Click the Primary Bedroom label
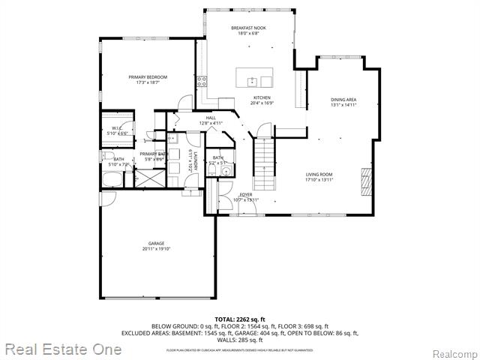click(147, 79)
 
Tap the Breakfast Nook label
click(248, 31)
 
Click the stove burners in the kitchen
click(201, 81)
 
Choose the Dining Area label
click(343, 102)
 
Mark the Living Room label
click(319, 177)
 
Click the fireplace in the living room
click(367, 181)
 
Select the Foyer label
click(245, 197)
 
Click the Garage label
click(156, 246)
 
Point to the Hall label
click(211, 120)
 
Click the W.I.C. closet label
click(118, 130)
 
